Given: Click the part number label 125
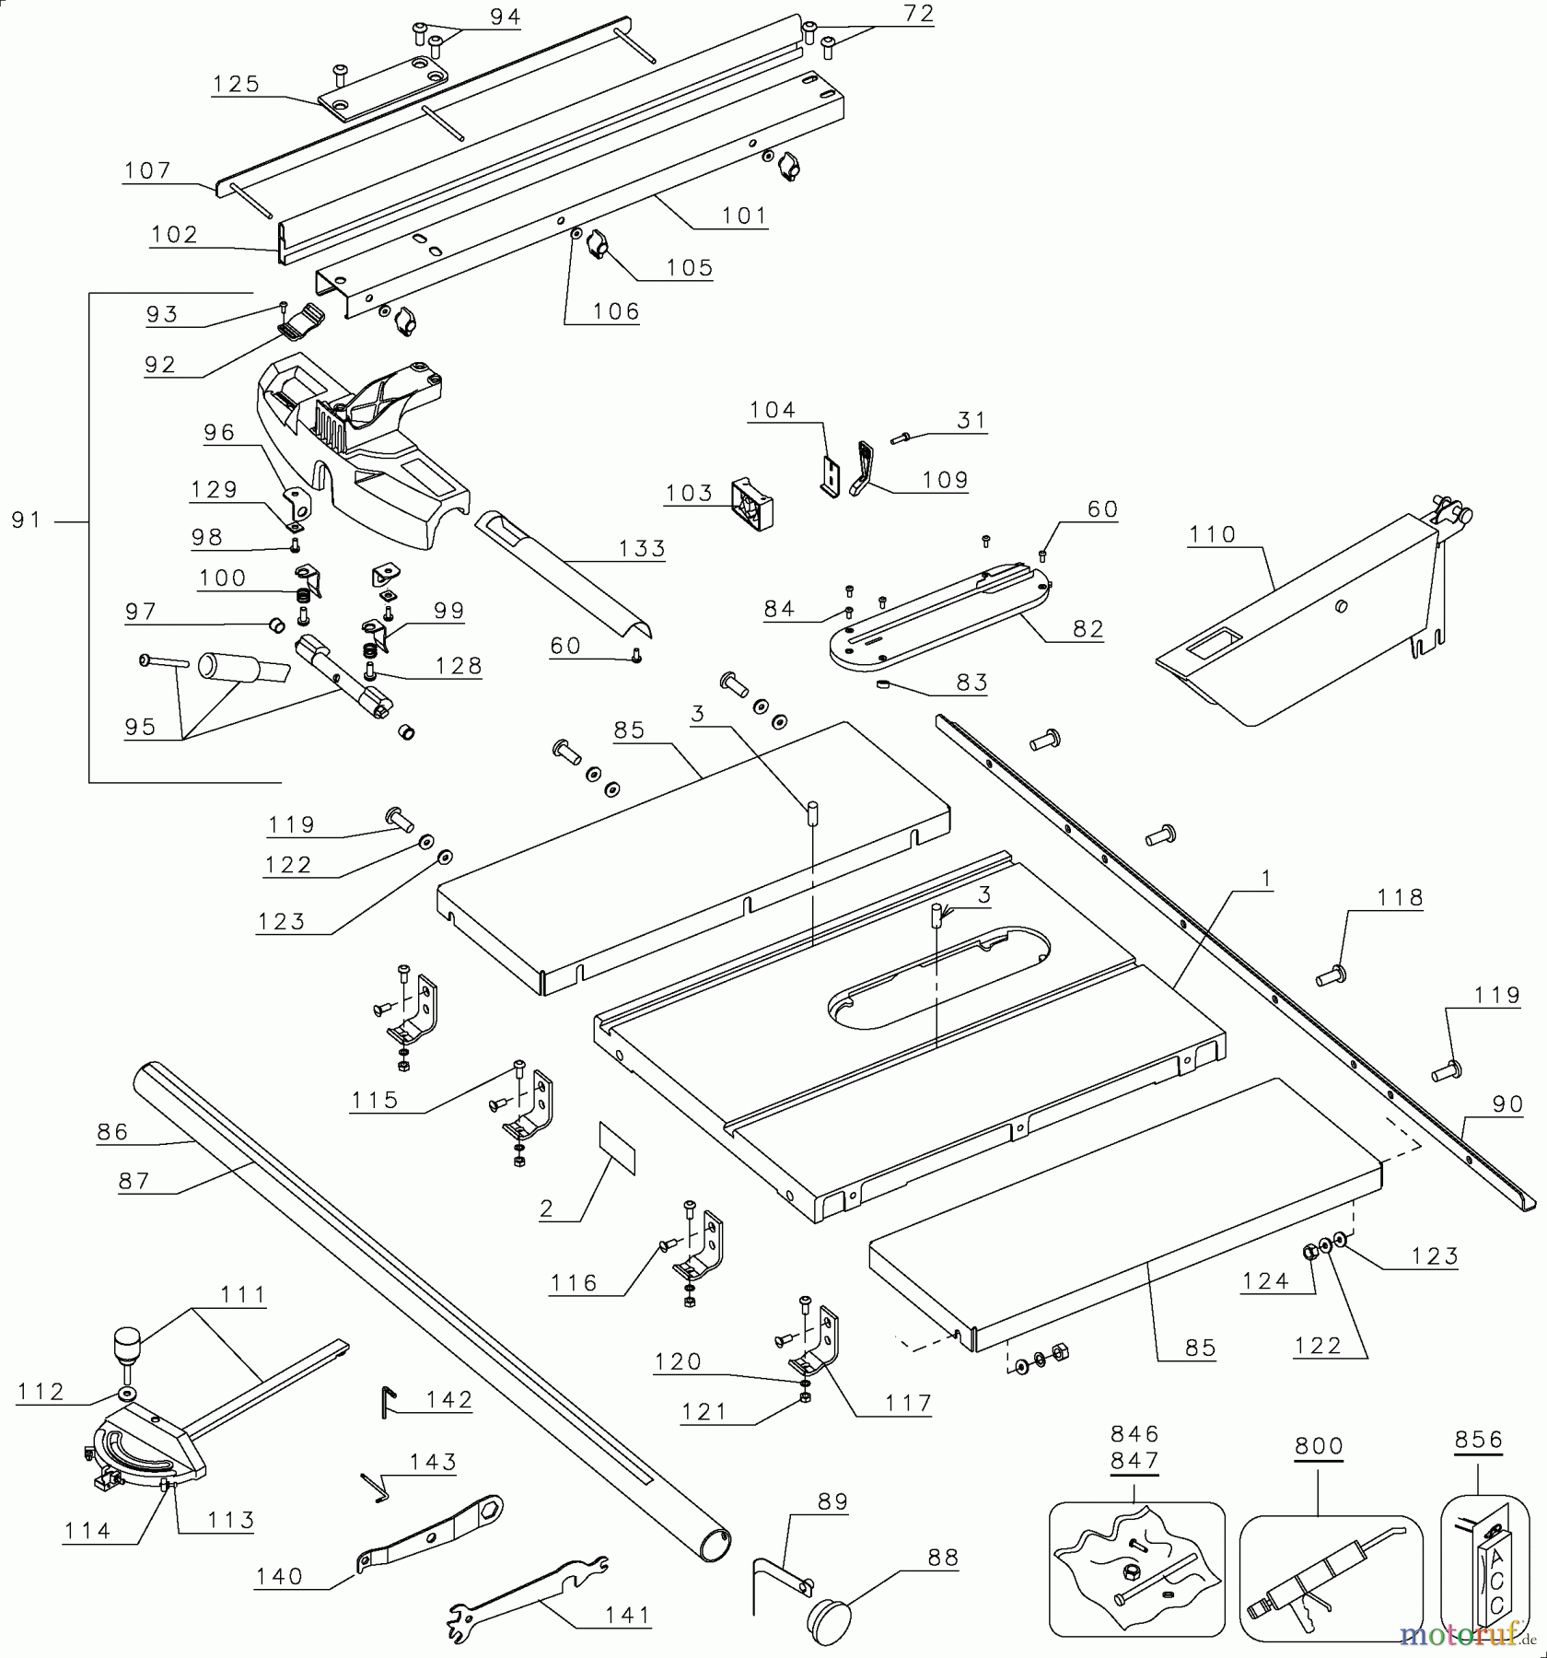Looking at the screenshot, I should point(236,84).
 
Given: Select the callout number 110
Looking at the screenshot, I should point(1212,534).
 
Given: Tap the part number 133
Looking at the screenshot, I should point(642,548).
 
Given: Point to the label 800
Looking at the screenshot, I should point(1319,1446).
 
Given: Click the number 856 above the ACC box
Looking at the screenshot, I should point(1479,1440).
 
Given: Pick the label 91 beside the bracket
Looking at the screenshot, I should point(27,520).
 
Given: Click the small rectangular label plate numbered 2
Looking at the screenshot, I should point(617,1147).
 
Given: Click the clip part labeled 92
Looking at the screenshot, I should point(301,321).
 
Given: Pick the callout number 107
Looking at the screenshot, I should point(147,169).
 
